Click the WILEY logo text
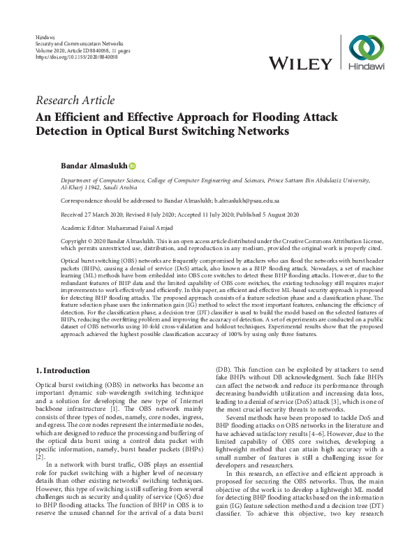tap(300, 64)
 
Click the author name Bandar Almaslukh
tap(94, 166)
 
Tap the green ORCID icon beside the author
tap(132, 166)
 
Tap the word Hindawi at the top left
tap(44, 36)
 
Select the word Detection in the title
tap(69, 131)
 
